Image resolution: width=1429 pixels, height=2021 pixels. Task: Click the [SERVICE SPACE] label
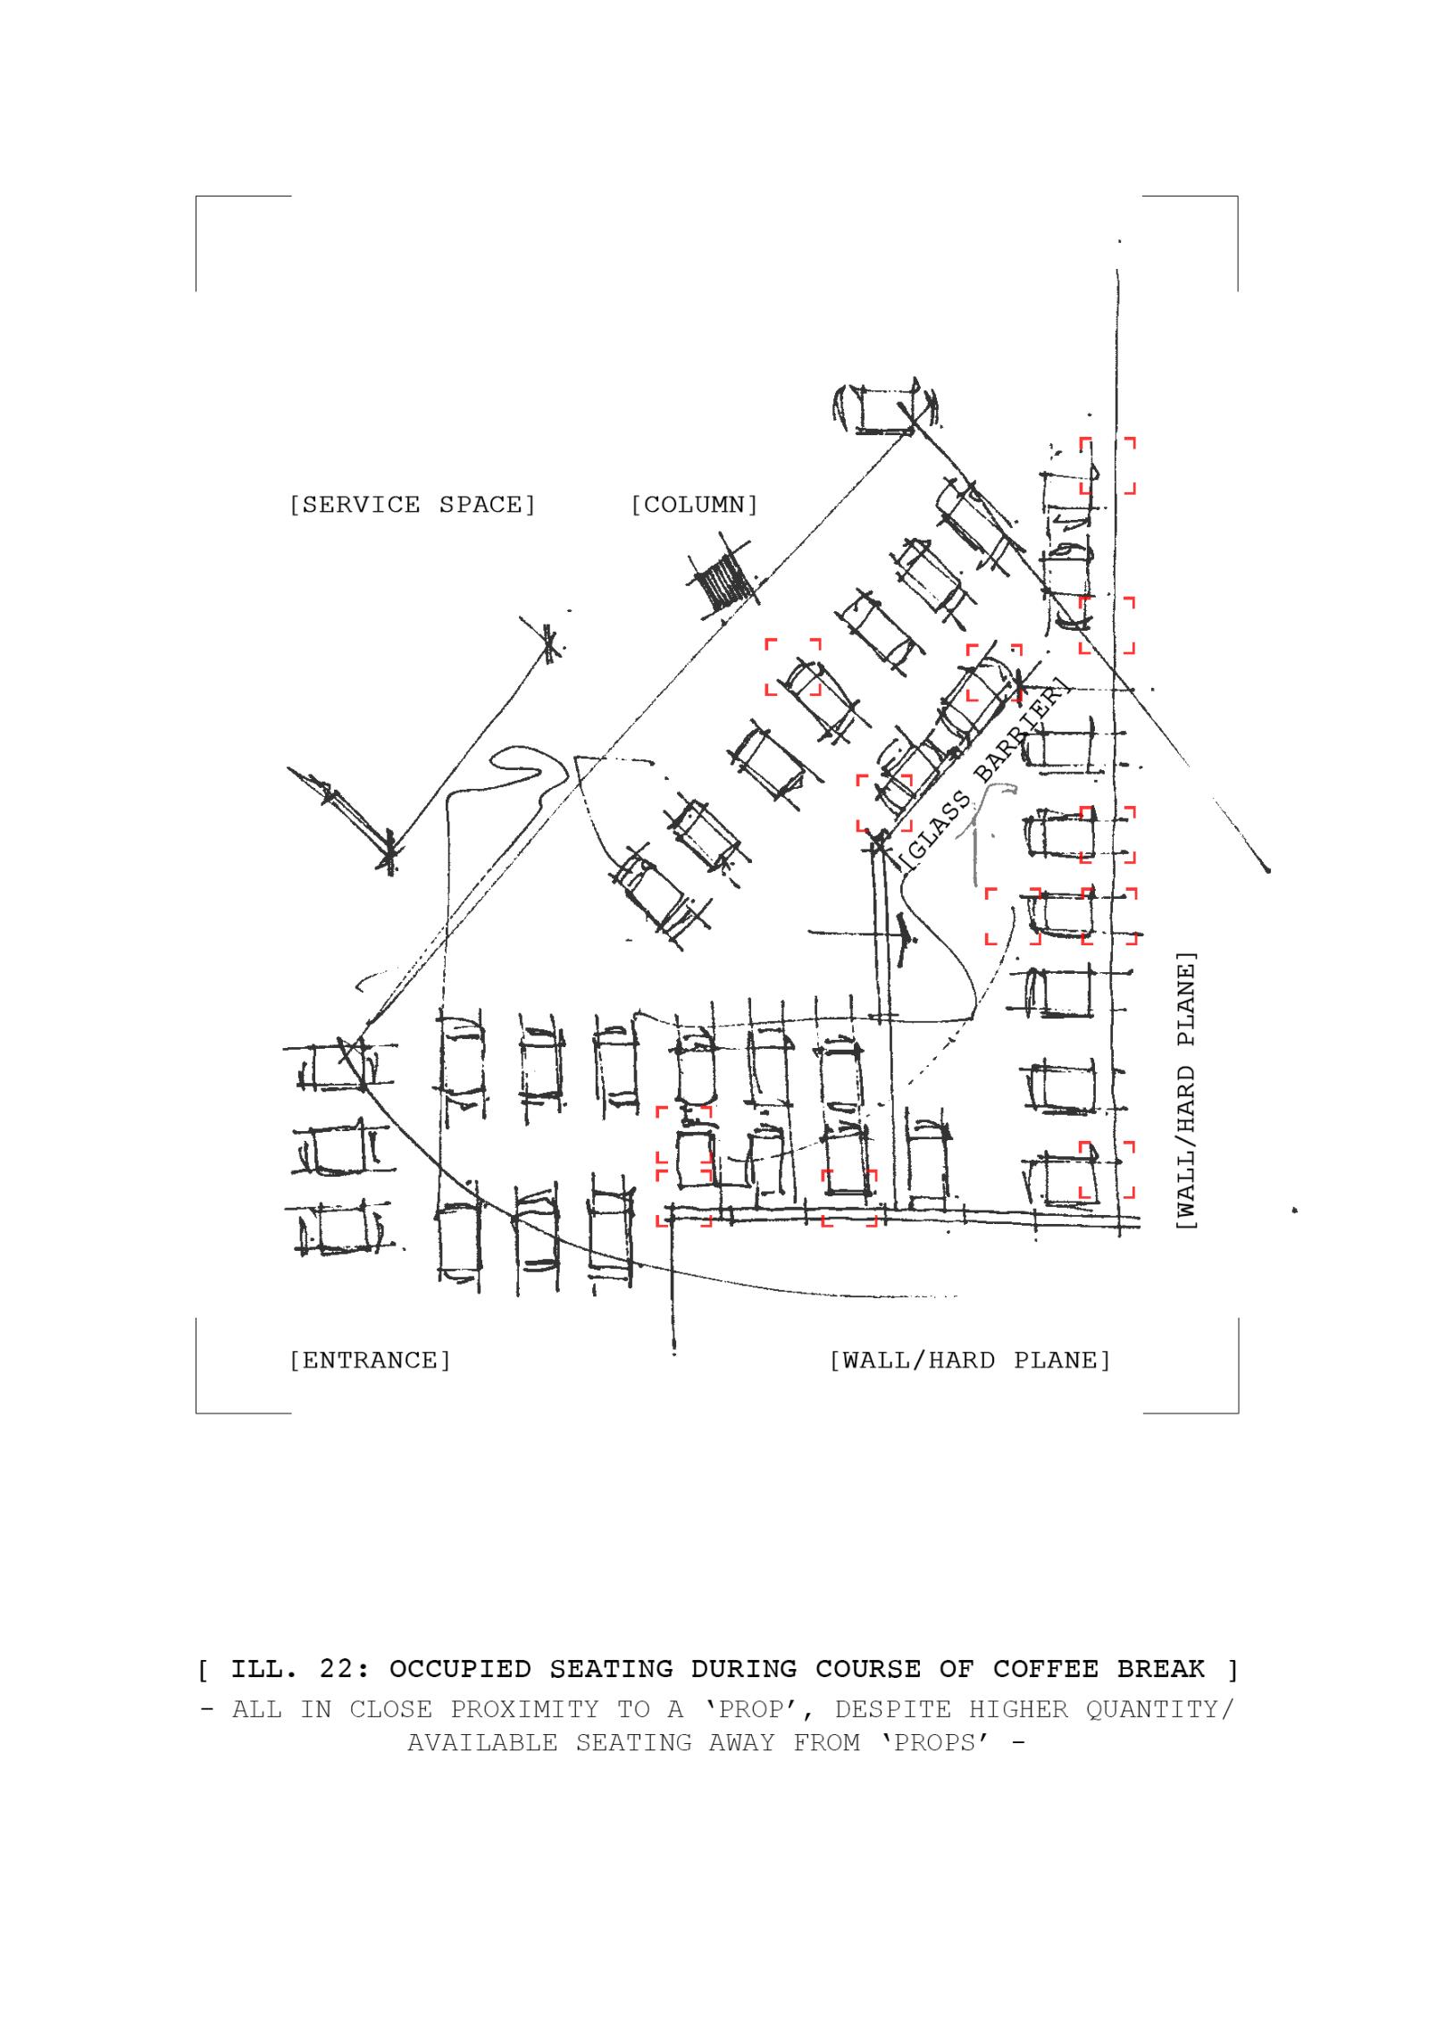click(x=413, y=505)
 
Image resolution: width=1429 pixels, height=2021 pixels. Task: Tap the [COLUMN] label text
click(x=695, y=505)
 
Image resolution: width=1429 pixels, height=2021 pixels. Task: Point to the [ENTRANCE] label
click(x=370, y=1360)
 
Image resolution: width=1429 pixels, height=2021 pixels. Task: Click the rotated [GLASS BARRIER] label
click(x=983, y=775)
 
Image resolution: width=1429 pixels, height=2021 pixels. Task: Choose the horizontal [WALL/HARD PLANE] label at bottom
click(x=970, y=1360)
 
